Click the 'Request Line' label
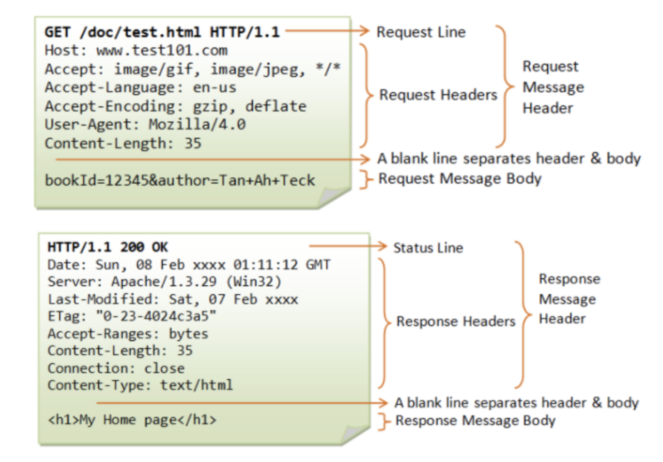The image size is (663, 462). click(421, 32)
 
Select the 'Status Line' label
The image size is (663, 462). click(428, 248)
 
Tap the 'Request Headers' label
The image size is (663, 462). click(438, 95)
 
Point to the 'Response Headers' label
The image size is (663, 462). click(455, 322)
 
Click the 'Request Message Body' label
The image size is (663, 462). click(460, 179)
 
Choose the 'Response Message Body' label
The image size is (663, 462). click(475, 421)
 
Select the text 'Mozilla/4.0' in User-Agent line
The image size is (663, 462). click(197, 124)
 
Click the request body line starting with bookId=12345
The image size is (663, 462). click(180, 180)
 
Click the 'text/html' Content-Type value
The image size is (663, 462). click(197, 385)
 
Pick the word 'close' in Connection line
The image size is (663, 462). click(164, 368)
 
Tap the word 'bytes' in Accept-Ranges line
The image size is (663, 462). click(189, 334)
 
